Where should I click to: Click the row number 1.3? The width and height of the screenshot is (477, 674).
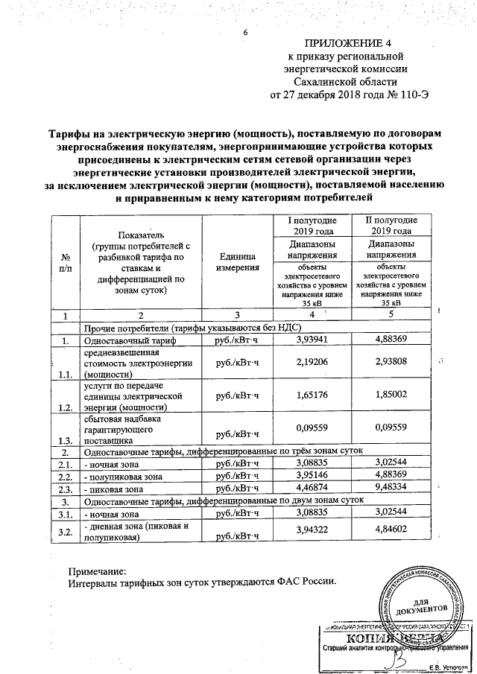(65, 441)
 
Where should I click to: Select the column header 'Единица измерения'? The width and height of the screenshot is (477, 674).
(238, 261)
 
